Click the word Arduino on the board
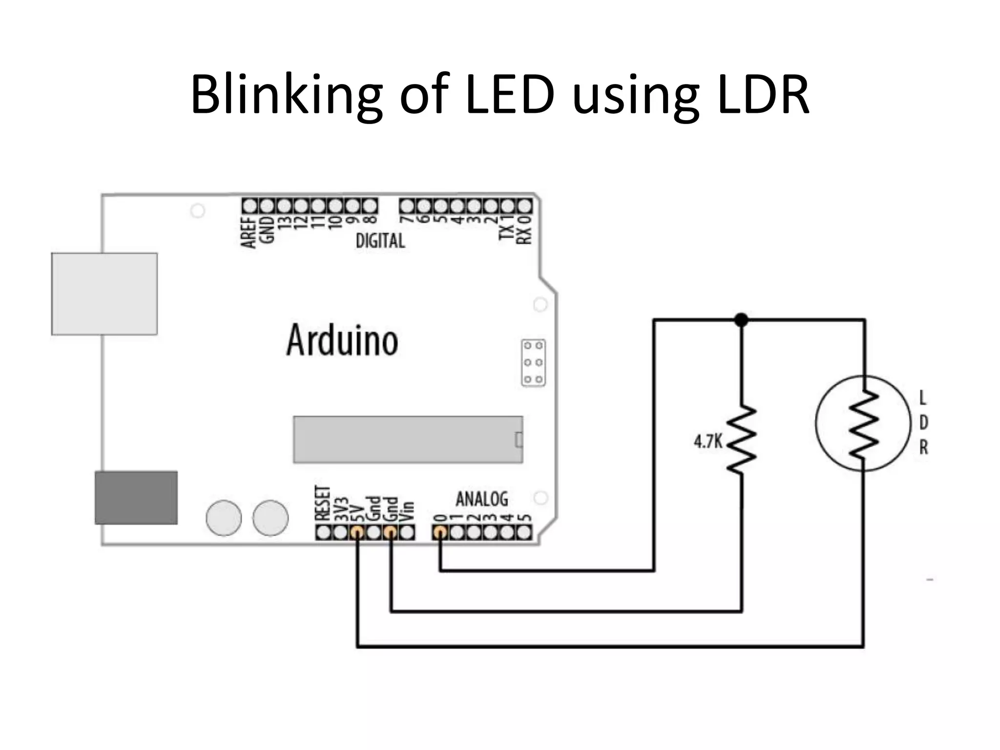(342, 340)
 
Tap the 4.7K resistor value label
(708, 442)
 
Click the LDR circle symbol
(863, 423)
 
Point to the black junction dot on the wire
(741, 320)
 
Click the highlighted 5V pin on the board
(357, 532)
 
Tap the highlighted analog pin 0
(440, 532)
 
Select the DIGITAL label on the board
(380, 241)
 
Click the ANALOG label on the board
(481, 499)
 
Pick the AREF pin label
(249, 232)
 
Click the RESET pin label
(322, 503)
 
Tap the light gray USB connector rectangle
(104, 293)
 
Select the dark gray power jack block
(136, 498)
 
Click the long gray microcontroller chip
(408, 439)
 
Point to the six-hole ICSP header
(533, 362)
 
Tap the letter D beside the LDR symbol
(923, 423)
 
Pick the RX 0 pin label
(523, 229)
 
